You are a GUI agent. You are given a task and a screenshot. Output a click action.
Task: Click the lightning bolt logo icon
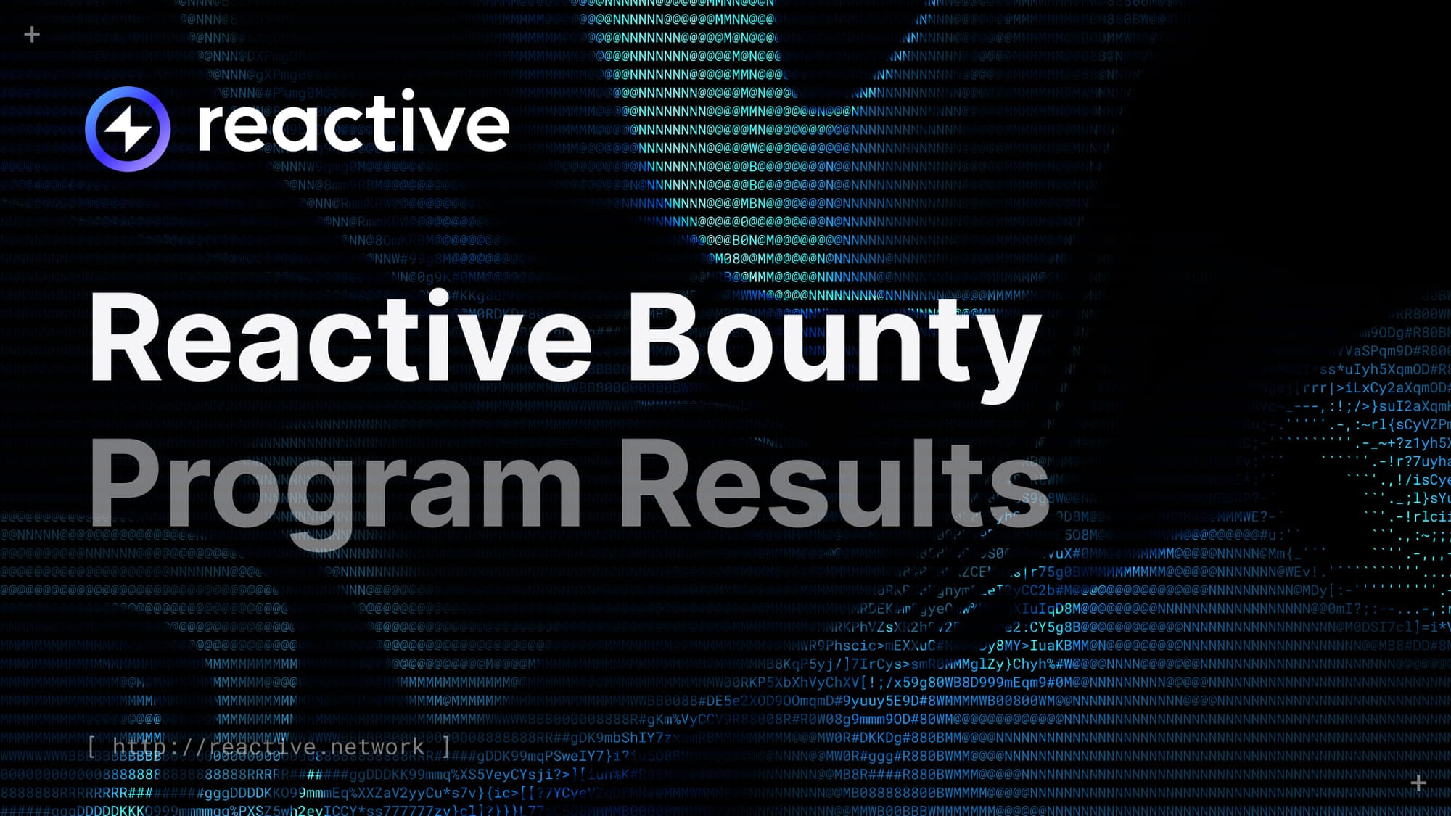(x=128, y=129)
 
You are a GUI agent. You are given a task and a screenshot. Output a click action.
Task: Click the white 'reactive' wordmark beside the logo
(x=353, y=123)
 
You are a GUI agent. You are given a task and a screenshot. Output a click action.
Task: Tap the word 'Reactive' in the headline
(x=341, y=338)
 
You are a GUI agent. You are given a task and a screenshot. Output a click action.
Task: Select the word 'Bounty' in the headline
(x=834, y=341)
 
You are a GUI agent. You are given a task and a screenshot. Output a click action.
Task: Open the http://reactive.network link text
(x=268, y=746)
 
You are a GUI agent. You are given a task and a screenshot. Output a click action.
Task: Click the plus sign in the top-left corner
(x=32, y=34)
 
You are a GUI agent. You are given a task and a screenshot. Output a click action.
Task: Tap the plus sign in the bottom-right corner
(x=1418, y=783)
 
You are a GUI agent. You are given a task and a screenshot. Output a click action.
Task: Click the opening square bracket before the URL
(x=91, y=746)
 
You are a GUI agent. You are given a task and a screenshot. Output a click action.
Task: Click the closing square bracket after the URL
(x=446, y=746)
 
